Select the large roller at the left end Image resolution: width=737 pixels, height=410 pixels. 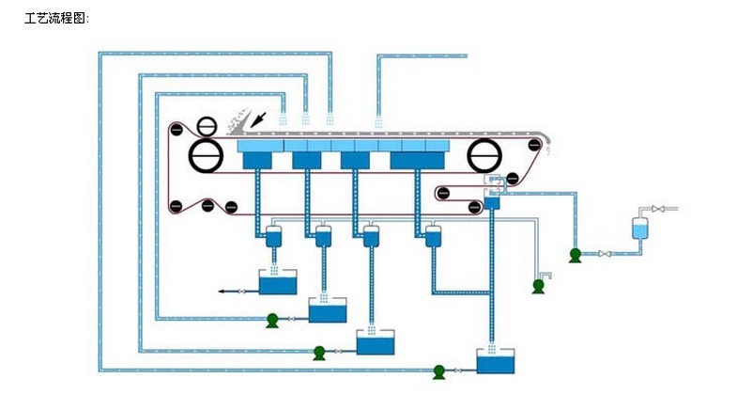click(x=206, y=153)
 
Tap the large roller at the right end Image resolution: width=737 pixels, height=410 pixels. click(x=486, y=152)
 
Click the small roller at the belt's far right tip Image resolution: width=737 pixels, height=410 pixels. click(x=536, y=145)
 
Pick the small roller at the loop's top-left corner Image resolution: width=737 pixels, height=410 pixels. click(x=175, y=129)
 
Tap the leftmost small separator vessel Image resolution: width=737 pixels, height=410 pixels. click(x=274, y=236)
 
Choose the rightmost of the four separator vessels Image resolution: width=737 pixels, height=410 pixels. click(x=433, y=236)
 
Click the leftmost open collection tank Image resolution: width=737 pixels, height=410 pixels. click(x=278, y=282)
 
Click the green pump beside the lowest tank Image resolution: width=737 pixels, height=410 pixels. click(x=438, y=371)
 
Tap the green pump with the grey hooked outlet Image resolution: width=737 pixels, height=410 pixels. click(x=539, y=285)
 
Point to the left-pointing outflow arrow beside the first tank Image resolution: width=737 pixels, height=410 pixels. click(x=225, y=292)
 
